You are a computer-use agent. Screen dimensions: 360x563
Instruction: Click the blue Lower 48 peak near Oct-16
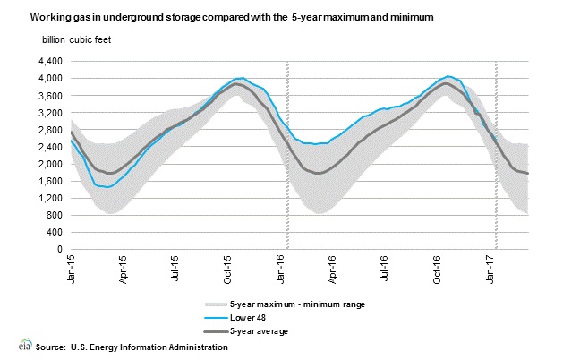[x=448, y=76]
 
